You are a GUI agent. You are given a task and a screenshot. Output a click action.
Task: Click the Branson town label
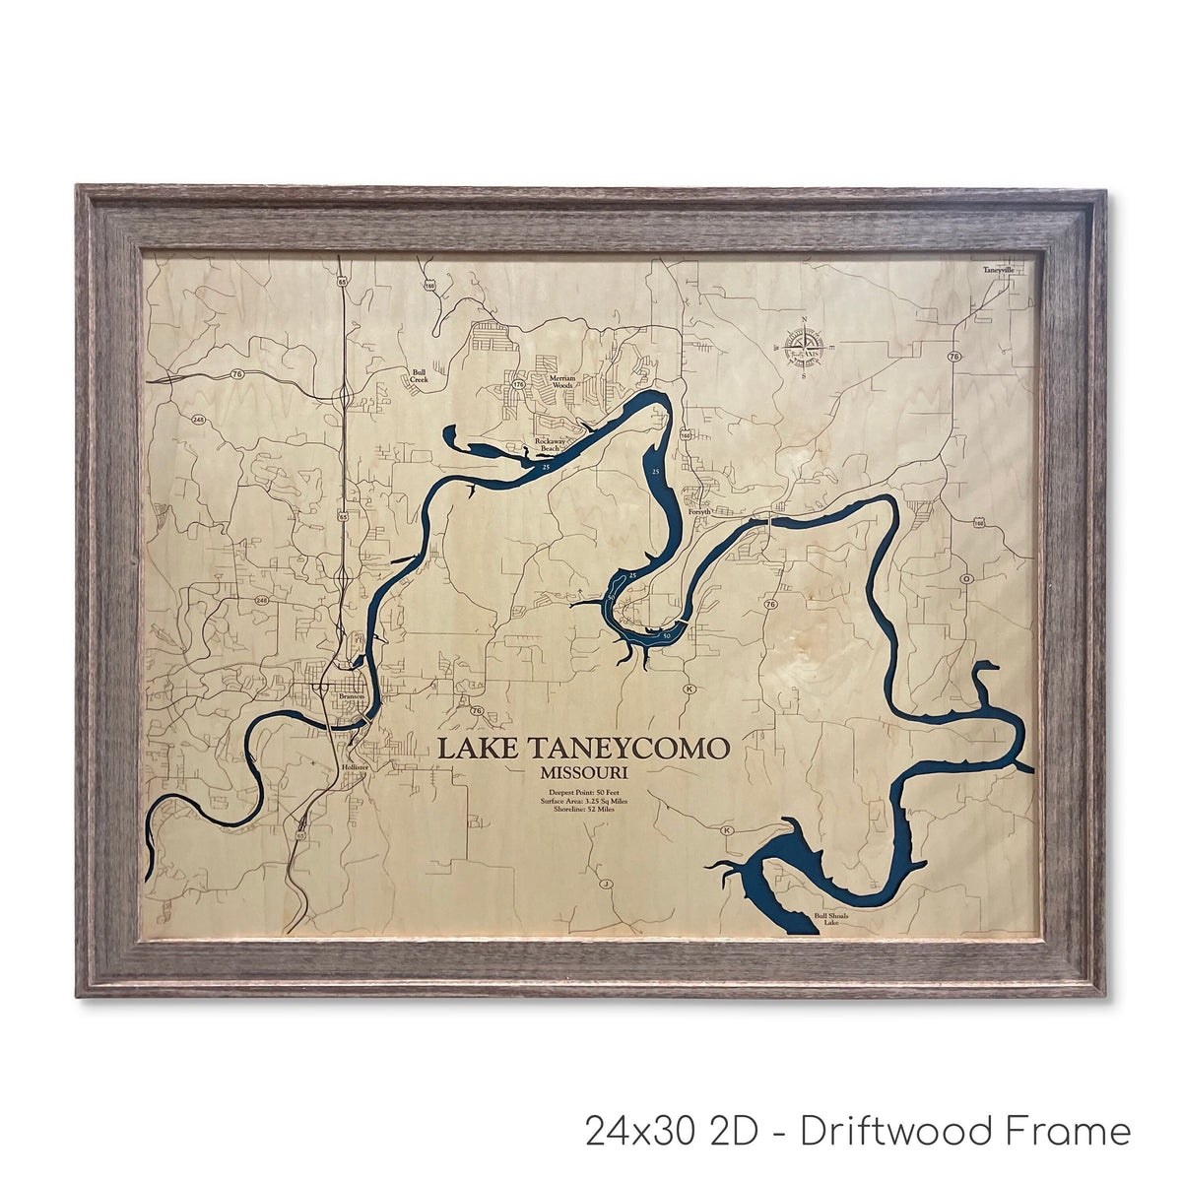352,696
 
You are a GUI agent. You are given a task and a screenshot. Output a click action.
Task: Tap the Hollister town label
354,765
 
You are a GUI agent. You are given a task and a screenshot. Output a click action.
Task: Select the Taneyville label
999,269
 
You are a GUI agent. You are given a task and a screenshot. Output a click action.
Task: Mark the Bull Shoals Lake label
830,919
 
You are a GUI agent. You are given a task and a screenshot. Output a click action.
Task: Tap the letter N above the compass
804,320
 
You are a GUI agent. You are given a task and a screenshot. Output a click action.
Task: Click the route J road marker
607,885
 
